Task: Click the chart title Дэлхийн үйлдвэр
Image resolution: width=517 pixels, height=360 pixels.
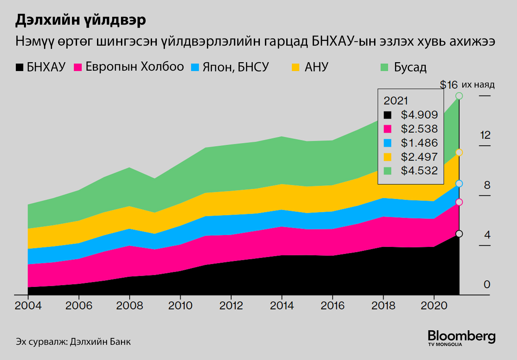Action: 80,20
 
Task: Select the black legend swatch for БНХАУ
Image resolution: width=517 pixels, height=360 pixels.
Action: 20,67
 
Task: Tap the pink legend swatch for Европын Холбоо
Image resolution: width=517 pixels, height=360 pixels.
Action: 78,67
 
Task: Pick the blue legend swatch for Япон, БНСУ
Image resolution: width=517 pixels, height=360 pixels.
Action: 195,67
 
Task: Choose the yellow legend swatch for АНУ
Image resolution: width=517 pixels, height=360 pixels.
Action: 296,67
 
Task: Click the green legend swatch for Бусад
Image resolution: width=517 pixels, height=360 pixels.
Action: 384,67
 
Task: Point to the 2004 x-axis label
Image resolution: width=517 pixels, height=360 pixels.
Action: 28,306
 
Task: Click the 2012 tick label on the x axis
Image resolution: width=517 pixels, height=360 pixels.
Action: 231,306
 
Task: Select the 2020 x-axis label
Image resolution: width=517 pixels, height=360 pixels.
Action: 434,306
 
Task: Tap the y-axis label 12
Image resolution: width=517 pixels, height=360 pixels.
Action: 485,136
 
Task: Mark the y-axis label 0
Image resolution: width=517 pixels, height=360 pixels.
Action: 487,285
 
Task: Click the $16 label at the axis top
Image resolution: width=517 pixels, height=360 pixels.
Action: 449,85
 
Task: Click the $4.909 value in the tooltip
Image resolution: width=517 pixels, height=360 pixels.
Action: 419,115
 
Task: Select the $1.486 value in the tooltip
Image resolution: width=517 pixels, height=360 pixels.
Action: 419,143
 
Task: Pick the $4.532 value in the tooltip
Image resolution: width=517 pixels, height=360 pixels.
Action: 419,171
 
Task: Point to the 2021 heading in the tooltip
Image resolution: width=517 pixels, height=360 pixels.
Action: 396,101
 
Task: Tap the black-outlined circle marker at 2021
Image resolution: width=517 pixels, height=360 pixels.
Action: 459,234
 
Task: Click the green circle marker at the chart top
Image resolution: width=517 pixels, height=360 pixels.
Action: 459,96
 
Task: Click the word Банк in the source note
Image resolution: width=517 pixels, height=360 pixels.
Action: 120,342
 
